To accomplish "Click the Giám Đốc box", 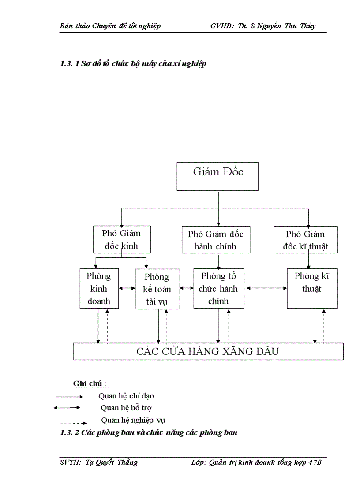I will pos(217,176).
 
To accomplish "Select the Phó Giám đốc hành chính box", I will pos(216,240).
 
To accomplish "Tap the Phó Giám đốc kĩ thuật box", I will pos(305,240).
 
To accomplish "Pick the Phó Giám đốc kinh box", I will pos(121,239).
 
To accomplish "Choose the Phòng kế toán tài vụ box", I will pos(157,289).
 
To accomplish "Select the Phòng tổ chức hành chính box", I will pos(218,288).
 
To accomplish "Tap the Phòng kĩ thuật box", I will pos(312,288).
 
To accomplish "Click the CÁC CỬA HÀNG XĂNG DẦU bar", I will pos(208,351).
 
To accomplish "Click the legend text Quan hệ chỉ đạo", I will pos(126,396).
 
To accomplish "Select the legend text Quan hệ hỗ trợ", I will pos(126,408).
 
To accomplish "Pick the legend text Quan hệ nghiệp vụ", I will pos(133,420).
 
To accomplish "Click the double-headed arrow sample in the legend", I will pos(67,408).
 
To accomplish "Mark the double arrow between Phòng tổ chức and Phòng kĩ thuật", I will pos(267,288).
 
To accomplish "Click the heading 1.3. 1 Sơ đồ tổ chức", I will pos(133,64).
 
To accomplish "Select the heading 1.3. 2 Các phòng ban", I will pos(148,432).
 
